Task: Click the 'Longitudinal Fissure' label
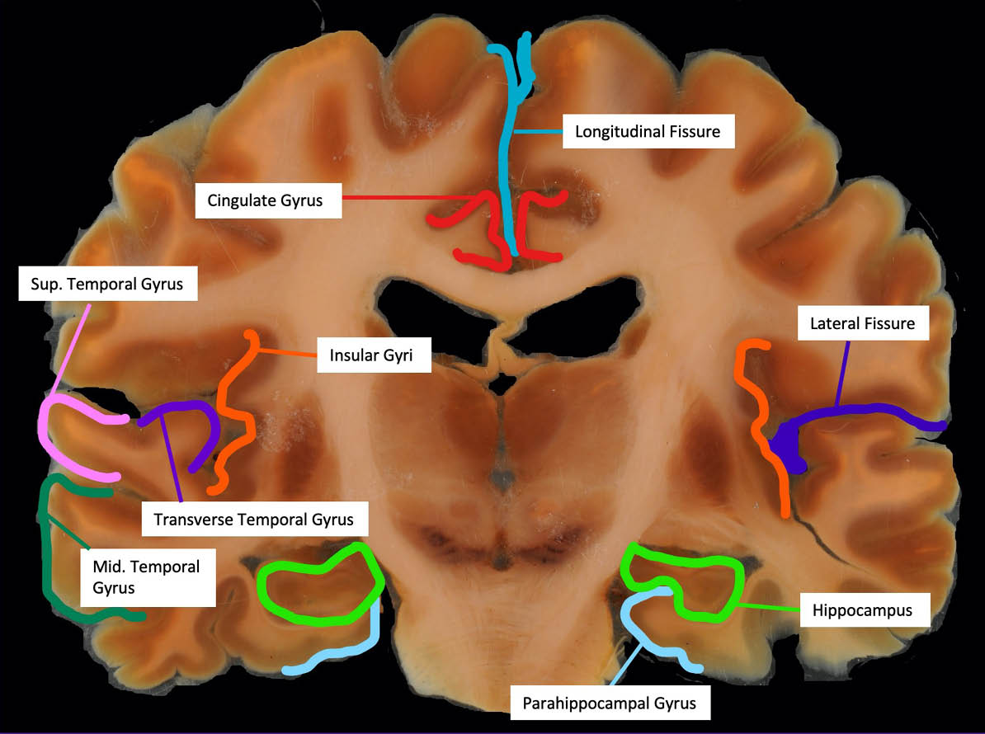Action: click(x=648, y=131)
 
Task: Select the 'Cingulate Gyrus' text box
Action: click(x=268, y=200)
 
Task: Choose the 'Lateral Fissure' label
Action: click(x=862, y=323)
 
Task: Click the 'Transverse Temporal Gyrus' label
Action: click(x=253, y=520)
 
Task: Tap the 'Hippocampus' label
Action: click(x=861, y=610)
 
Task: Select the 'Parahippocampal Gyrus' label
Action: click(x=609, y=703)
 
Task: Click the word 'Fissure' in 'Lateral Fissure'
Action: click(x=887, y=323)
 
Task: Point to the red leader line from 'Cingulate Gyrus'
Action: click(x=388, y=198)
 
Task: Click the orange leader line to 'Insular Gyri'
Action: click(x=289, y=355)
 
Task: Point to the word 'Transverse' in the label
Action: click(x=193, y=520)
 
